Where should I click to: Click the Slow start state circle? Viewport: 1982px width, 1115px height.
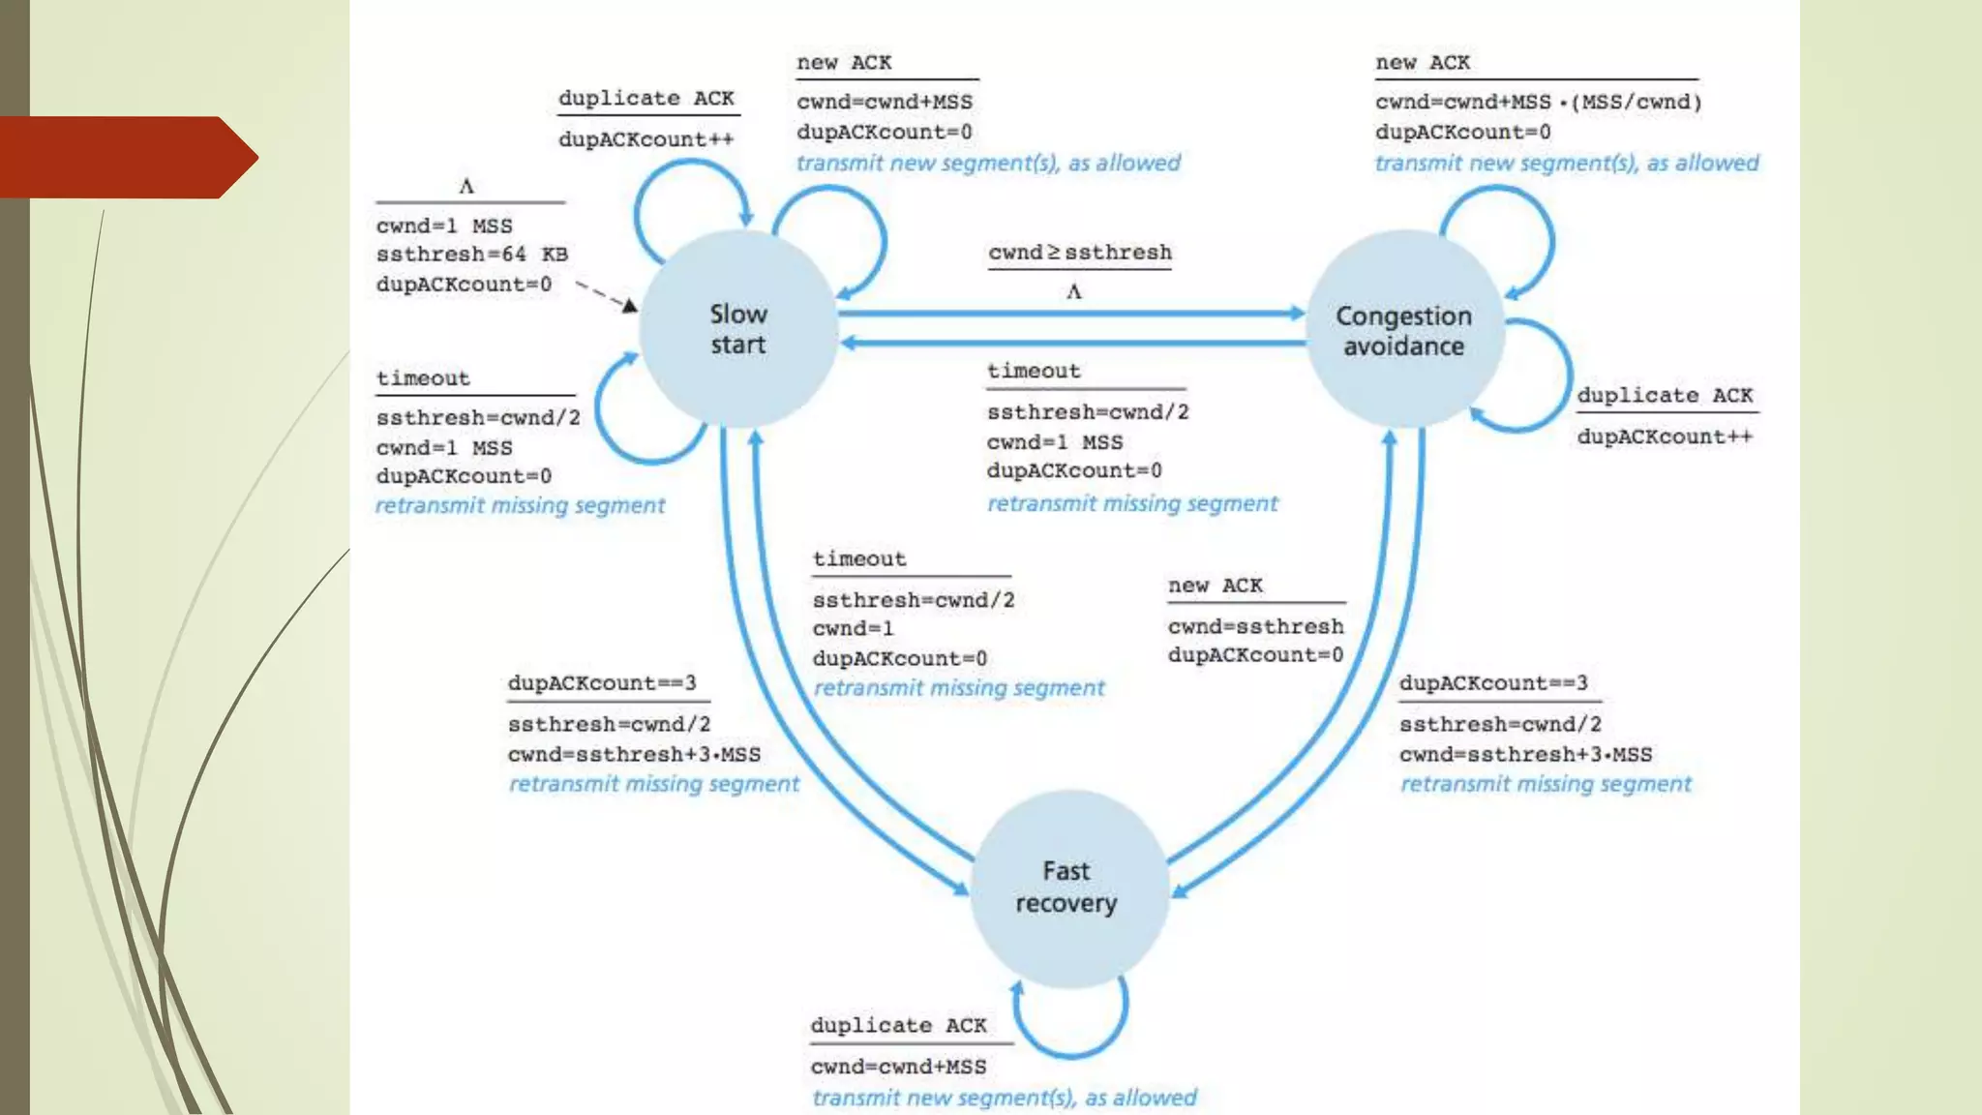737,329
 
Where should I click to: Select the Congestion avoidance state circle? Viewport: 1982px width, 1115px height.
1403,330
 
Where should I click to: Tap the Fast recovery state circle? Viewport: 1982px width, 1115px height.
1066,887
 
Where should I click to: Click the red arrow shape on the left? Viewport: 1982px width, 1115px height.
126,157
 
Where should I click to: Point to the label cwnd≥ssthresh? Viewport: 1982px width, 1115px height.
1079,253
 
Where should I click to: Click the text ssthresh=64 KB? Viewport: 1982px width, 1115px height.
471,255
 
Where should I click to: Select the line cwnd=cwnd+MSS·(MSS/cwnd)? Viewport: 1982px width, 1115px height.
1538,102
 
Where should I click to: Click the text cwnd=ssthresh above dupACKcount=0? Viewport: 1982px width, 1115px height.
1255,626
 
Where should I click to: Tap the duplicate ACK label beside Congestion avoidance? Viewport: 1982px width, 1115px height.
1665,395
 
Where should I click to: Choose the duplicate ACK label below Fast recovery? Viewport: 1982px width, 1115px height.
898,1025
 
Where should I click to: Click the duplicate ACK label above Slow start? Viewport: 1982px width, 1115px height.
646,98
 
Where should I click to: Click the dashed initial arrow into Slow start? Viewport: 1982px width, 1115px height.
604,295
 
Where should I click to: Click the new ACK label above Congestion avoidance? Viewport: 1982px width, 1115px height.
1422,63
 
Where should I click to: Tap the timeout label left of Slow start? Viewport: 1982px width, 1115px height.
423,378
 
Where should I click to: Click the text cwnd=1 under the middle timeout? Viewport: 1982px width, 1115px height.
853,628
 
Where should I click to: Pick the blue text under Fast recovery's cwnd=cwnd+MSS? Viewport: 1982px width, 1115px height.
1004,1098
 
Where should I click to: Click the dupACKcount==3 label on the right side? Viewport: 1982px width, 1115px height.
1492,682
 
